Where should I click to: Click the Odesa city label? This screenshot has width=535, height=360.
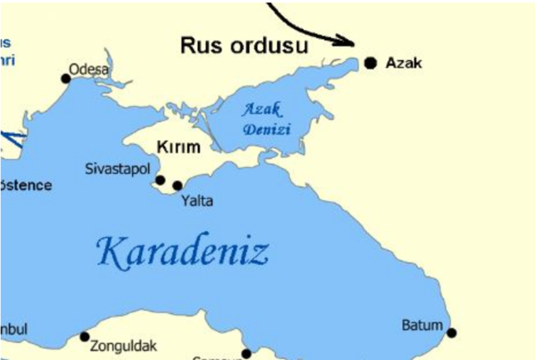click(x=89, y=70)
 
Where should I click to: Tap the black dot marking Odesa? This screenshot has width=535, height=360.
click(x=66, y=79)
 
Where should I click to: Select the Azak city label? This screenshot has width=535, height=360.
click(x=404, y=63)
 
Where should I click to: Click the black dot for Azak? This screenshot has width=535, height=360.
click(x=370, y=62)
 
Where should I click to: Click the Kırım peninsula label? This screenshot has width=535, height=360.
click(x=179, y=147)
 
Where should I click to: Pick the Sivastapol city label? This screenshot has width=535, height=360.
click(x=120, y=169)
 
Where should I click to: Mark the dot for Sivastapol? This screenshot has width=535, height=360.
click(x=160, y=180)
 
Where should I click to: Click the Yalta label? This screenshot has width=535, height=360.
click(x=196, y=200)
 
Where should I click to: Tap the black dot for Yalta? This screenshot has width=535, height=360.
click(x=177, y=185)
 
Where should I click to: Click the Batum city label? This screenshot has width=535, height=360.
click(x=422, y=324)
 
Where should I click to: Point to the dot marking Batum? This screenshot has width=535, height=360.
click(x=451, y=332)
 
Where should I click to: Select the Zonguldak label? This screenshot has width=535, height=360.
click(x=122, y=342)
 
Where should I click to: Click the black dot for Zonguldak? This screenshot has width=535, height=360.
click(x=84, y=337)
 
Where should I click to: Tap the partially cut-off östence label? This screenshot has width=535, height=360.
click(x=25, y=185)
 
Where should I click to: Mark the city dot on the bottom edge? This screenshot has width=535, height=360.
click(x=246, y=353)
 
